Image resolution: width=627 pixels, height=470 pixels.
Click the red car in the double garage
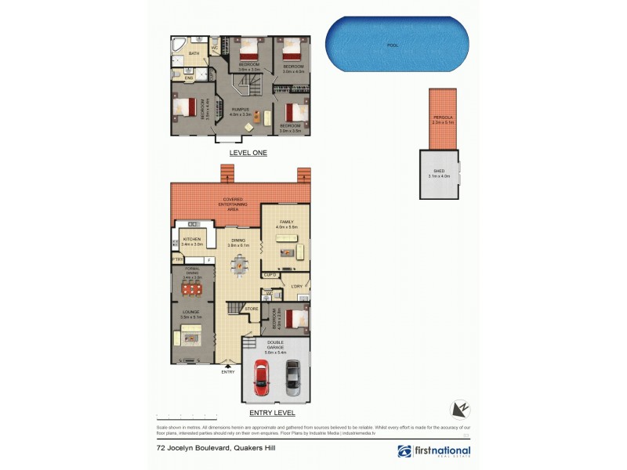(261, 379)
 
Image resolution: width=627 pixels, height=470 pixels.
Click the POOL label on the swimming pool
(393, 45)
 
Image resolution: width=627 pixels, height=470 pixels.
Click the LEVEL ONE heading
(248, 154)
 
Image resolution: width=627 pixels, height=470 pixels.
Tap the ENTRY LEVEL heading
(271, 412)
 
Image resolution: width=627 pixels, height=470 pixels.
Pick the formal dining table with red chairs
(192, 290)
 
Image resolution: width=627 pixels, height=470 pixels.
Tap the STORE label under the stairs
(252, 309)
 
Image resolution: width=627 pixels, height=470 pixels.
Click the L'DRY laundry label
(296, 287)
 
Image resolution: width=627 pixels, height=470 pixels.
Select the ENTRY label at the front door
(228, 371)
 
